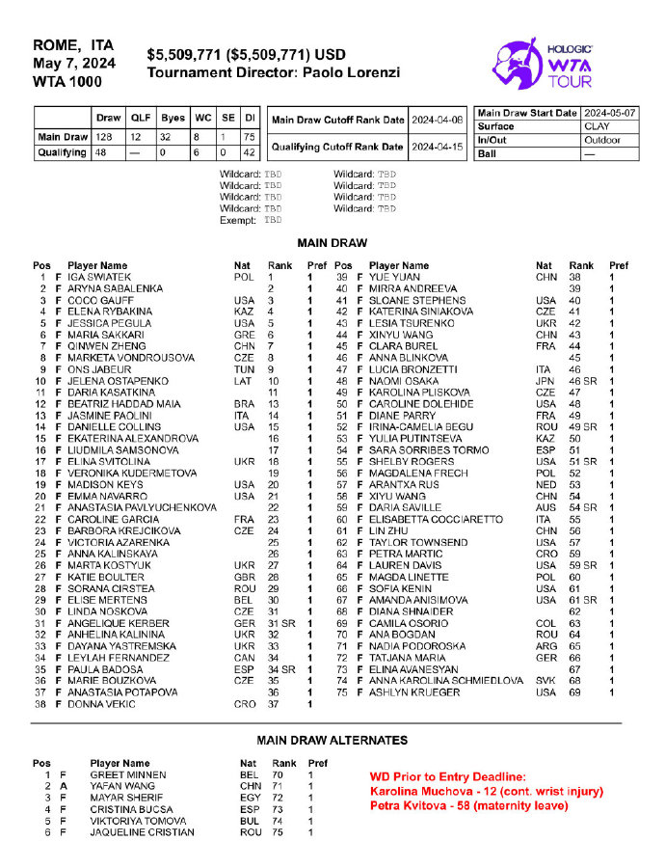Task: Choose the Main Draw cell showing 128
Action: [x=102, y=137]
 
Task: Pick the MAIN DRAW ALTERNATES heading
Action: [x=332, y=740]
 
